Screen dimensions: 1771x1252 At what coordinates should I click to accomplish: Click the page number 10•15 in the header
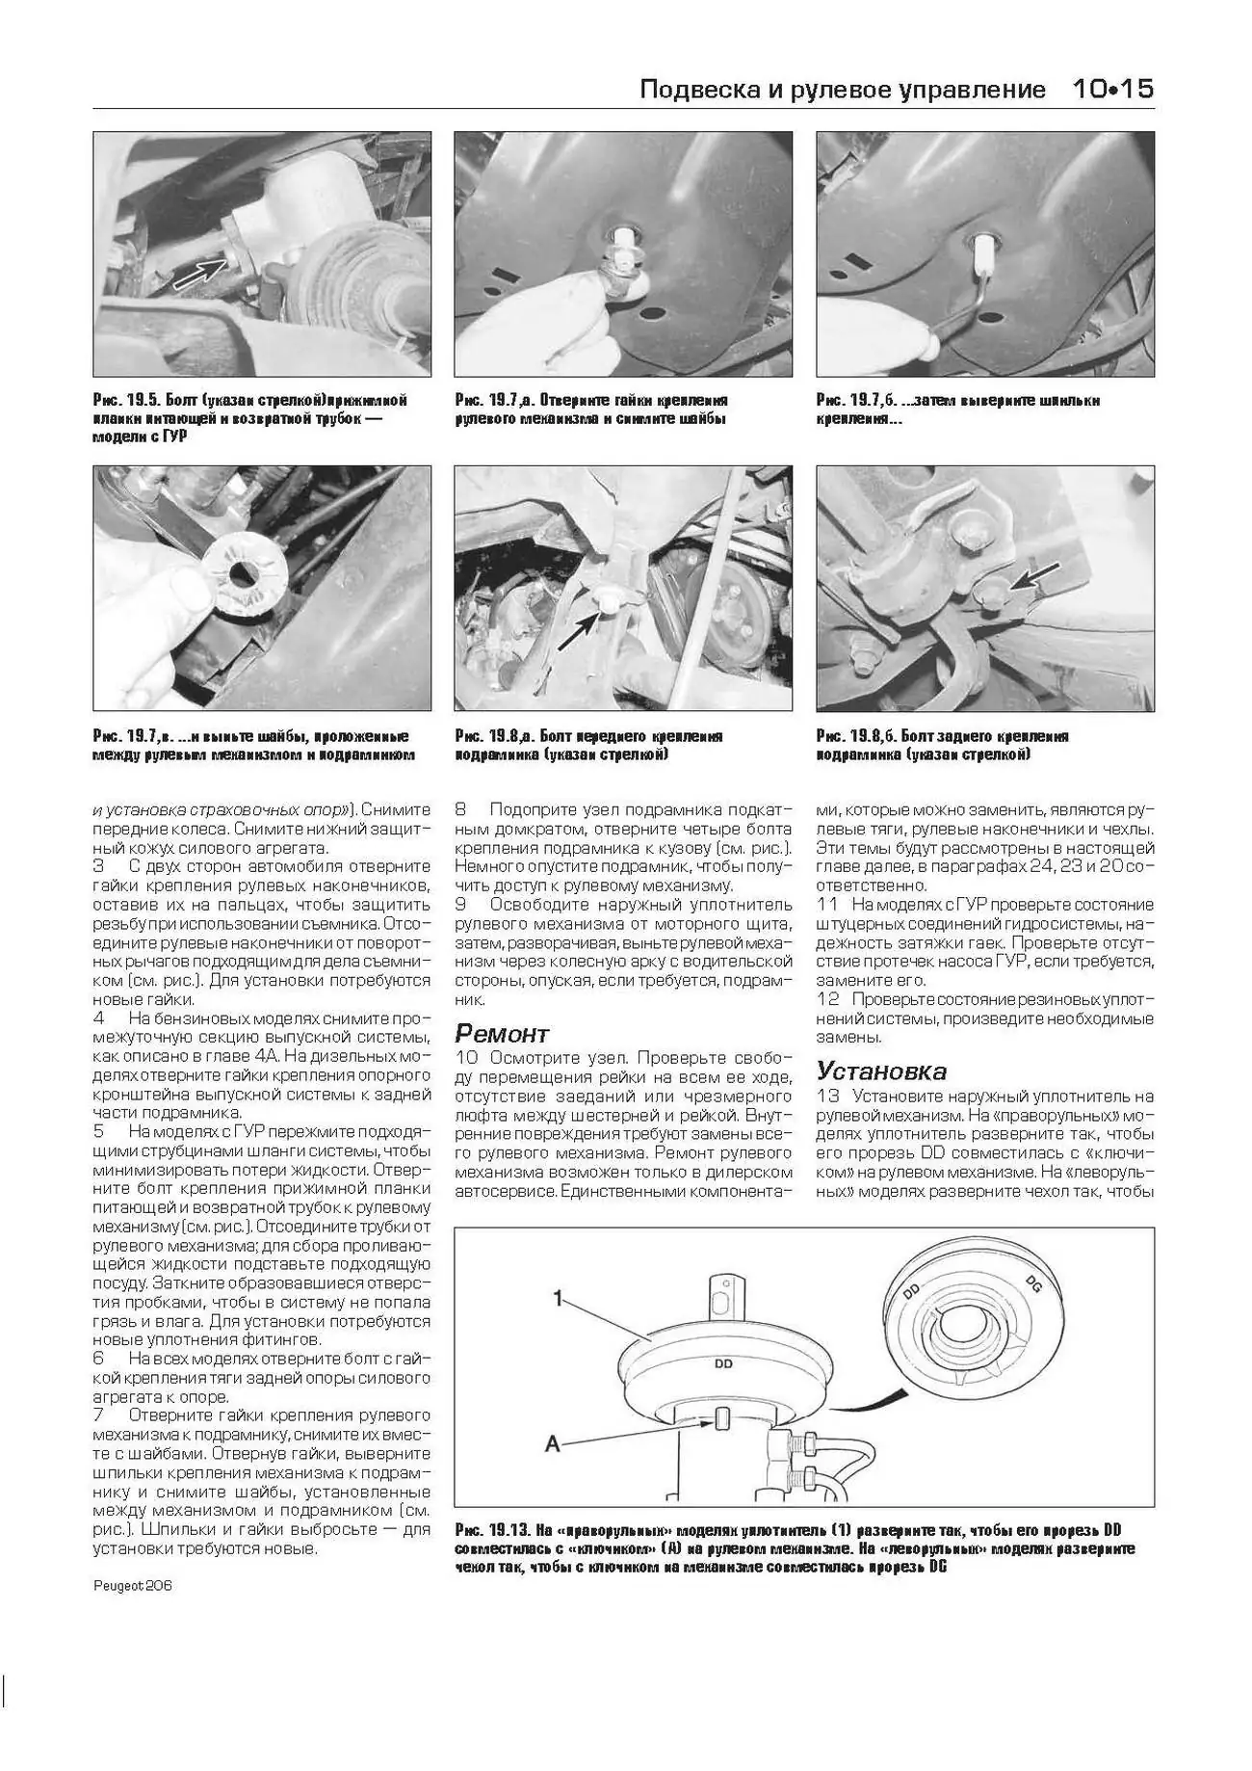(1112, 90)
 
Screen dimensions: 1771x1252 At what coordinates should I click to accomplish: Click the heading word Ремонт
(501, 1034)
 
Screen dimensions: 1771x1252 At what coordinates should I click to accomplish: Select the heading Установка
(881, 1071)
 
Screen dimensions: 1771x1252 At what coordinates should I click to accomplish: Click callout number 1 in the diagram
(558, 1299)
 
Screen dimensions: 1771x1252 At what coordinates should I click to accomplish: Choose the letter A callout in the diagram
(553, 1443)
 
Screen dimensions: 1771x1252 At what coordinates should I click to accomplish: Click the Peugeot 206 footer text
(132, 1586)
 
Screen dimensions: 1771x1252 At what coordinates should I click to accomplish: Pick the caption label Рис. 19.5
(125, 400)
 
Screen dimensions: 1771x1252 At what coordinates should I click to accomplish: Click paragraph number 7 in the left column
(98, 1415)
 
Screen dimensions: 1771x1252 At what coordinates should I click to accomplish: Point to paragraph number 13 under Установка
(827, 1096)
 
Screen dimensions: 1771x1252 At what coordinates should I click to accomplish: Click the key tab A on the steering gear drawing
(722, 1418)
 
